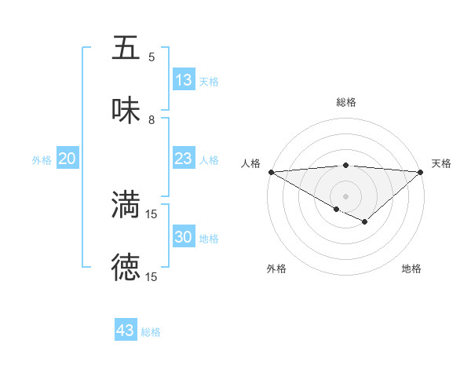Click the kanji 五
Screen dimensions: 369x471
point(126,48)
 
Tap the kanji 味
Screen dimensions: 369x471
point(126,111)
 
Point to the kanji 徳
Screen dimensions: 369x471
point(126,268)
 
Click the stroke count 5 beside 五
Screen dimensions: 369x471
point(152,57)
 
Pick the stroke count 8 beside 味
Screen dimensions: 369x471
point(152,120)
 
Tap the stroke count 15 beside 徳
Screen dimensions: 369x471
point(152,276)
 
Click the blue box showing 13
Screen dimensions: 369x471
point(183,80)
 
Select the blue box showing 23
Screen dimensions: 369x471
point(183,159)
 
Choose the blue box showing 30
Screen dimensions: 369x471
point(183,237)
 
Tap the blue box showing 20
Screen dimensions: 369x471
point(67,159)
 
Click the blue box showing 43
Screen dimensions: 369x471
point(126,331)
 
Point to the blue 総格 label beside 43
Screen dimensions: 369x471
point(152,332)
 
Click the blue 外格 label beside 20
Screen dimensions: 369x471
point(42,159)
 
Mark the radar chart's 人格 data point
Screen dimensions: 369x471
point(270,172)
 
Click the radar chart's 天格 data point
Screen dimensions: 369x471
point(422,172)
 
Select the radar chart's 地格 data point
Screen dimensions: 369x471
point(364,222)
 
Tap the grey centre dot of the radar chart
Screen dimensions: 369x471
point(345,195)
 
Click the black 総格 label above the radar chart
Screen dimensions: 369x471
point(345,102)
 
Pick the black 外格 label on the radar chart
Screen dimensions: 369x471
point(276,269)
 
